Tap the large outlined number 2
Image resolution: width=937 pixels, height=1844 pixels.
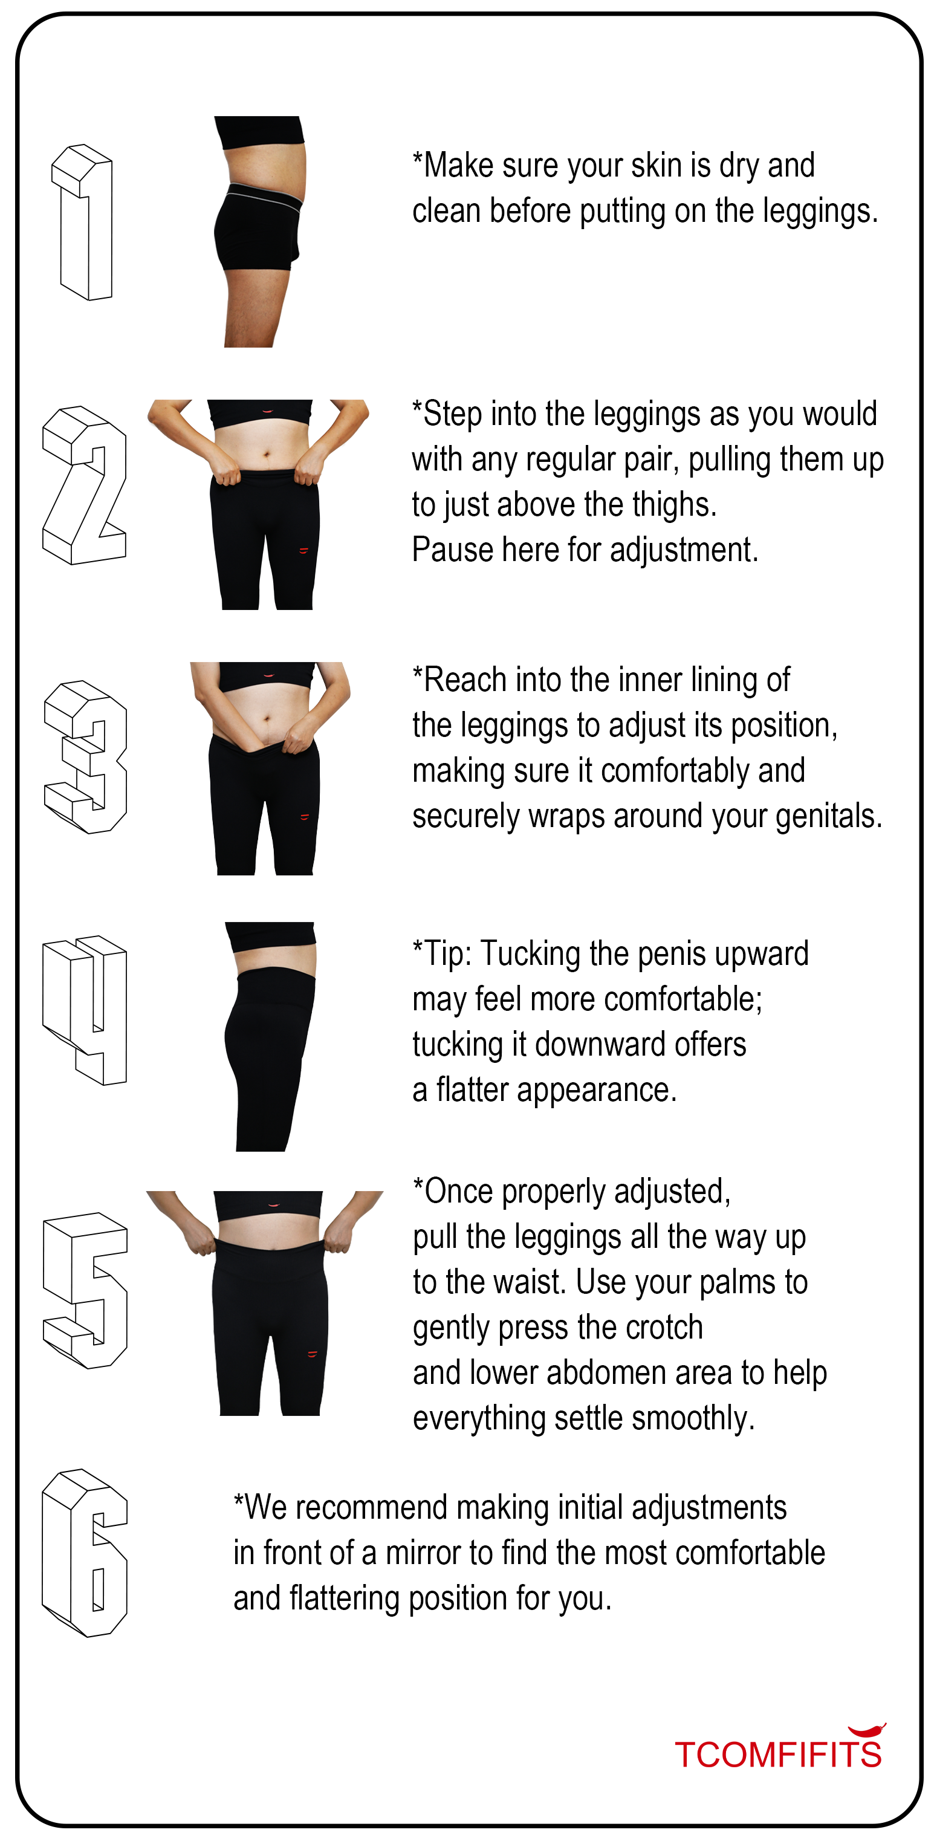point(85,485)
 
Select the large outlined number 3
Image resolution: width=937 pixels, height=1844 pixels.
point(85,756)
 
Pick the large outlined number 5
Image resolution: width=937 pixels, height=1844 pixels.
point(85,1291)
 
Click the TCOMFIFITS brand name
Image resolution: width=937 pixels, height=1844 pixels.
point(778,1755)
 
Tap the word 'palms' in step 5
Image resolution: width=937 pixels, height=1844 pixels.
point(733,1283)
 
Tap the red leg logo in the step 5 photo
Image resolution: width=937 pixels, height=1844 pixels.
point(312,1353)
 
